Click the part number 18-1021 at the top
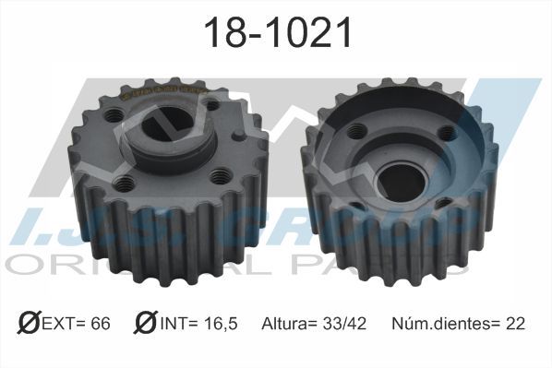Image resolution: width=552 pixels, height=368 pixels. coord(276,34)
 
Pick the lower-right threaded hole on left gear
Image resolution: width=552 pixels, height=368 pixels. coord(220,172)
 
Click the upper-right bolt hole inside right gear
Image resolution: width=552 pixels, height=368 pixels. coord(449,132)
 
